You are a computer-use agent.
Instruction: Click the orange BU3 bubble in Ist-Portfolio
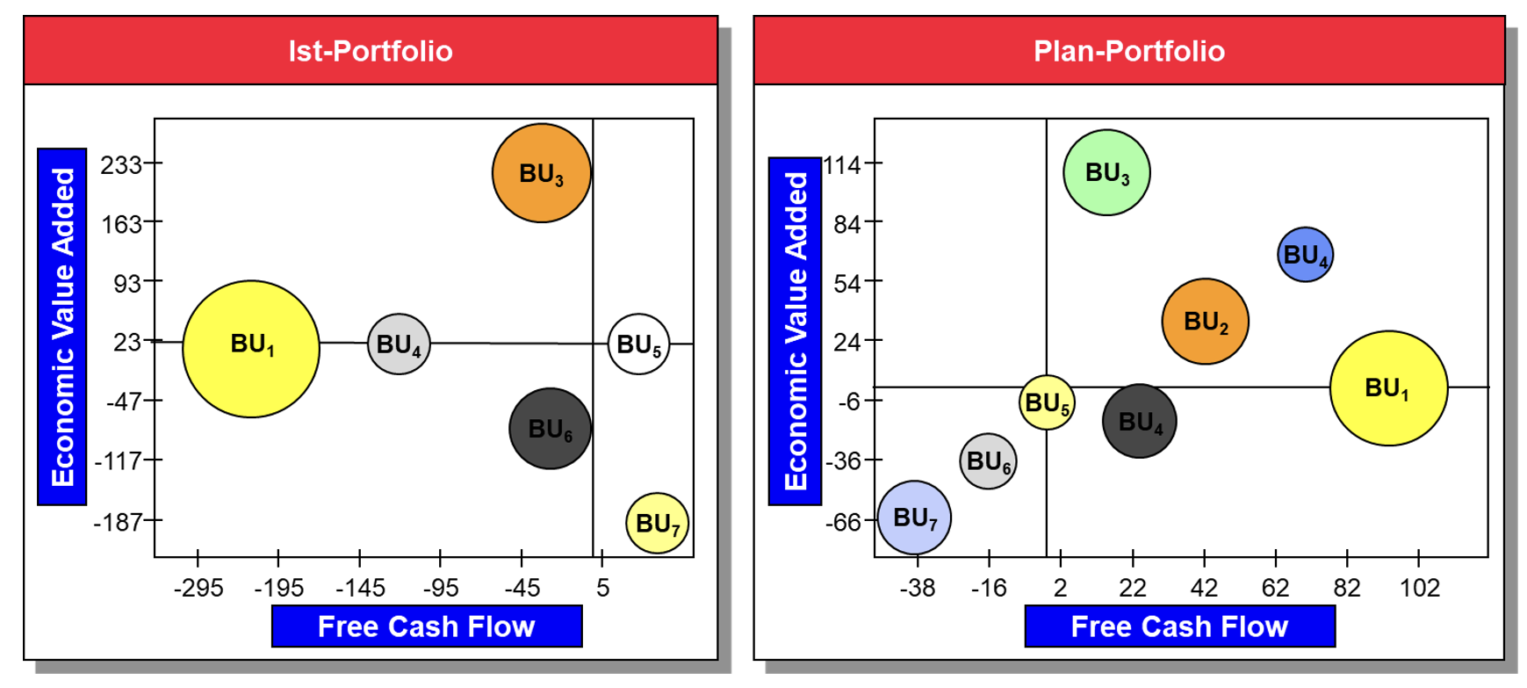click(541, 173)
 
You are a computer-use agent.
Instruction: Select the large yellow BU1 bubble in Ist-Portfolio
click(251, 349)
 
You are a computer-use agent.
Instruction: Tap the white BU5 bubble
click(638, 344)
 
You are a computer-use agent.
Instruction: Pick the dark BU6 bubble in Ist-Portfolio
click(550, 429)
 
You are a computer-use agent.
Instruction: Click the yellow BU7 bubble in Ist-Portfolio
click(657, 524)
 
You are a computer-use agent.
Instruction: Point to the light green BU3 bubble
click(1106, 172)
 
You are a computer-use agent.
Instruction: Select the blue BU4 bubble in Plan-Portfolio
click(1305, 255)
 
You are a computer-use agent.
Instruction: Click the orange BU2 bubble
click(1205, 322)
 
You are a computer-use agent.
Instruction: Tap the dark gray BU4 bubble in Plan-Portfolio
click(1140, 422)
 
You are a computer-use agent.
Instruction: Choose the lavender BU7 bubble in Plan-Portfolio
click(914, 518)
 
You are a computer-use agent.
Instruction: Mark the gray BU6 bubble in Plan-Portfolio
click(988, 461)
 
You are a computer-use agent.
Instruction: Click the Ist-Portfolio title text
click(371, 51)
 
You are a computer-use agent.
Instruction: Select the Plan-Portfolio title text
click(1129, 51)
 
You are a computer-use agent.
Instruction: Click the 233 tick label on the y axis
click(121, 164)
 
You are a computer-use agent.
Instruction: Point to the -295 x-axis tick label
click(198, 588)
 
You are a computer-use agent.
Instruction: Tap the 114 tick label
click(840, 164)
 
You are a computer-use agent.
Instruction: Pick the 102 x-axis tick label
click(1419, 588)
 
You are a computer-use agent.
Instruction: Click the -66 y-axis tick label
click(843, 522)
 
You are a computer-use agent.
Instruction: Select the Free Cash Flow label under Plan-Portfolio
click(1179, 626)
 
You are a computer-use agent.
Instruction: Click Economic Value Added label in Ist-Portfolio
click(62, 327)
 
